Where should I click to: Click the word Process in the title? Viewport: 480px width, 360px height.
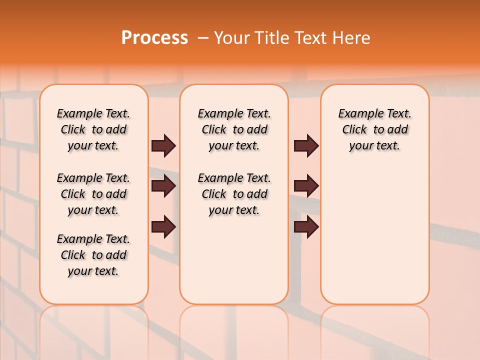[154, 37]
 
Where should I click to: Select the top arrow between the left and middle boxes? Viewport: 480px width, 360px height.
[163, 145]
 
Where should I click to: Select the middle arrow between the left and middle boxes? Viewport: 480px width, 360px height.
[163, 186]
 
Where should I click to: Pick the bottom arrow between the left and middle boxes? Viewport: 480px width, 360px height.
[163, 227]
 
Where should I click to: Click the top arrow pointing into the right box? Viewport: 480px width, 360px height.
[306, 145]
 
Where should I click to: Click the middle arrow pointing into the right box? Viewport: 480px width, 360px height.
[306, 186]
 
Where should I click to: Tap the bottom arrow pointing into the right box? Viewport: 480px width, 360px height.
[306, 227]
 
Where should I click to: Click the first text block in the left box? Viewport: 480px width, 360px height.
[93, 129]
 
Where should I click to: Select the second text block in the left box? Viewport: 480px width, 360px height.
[93, 194]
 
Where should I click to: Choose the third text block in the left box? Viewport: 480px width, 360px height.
[93, 255]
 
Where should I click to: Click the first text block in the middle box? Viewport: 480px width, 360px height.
[234, 129]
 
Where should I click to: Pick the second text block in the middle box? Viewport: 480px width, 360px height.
[234, 194]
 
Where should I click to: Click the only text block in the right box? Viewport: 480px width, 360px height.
[374, 129]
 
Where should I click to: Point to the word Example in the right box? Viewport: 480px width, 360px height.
[356, 114]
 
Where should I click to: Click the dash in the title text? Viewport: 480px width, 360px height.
[202, 38]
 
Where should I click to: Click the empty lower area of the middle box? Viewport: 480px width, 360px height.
[234, 262]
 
